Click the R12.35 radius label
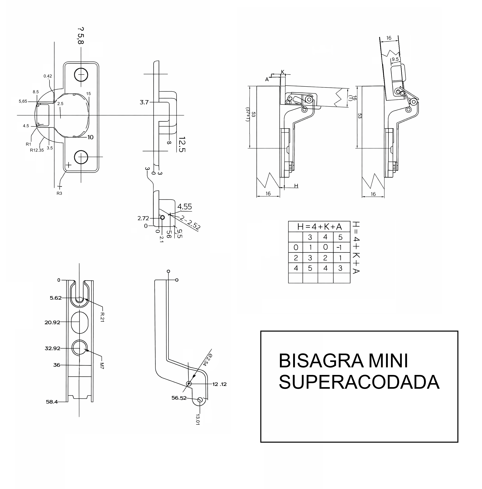coord(37,150)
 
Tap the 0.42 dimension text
coord(48,76)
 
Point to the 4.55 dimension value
coord(184,207)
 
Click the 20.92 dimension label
coord(52,322)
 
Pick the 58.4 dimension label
coord(52,402)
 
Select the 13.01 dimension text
coord(198,419)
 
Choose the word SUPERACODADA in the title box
coord(359,382)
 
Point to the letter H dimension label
coord(296,186)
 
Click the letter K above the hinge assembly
coord(283,72)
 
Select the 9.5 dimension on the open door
coord(395,59)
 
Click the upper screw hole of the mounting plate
coord(81,75)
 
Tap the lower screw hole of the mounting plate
coord(81,157)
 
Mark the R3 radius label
coord(59,193)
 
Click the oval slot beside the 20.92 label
coord(79,322)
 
